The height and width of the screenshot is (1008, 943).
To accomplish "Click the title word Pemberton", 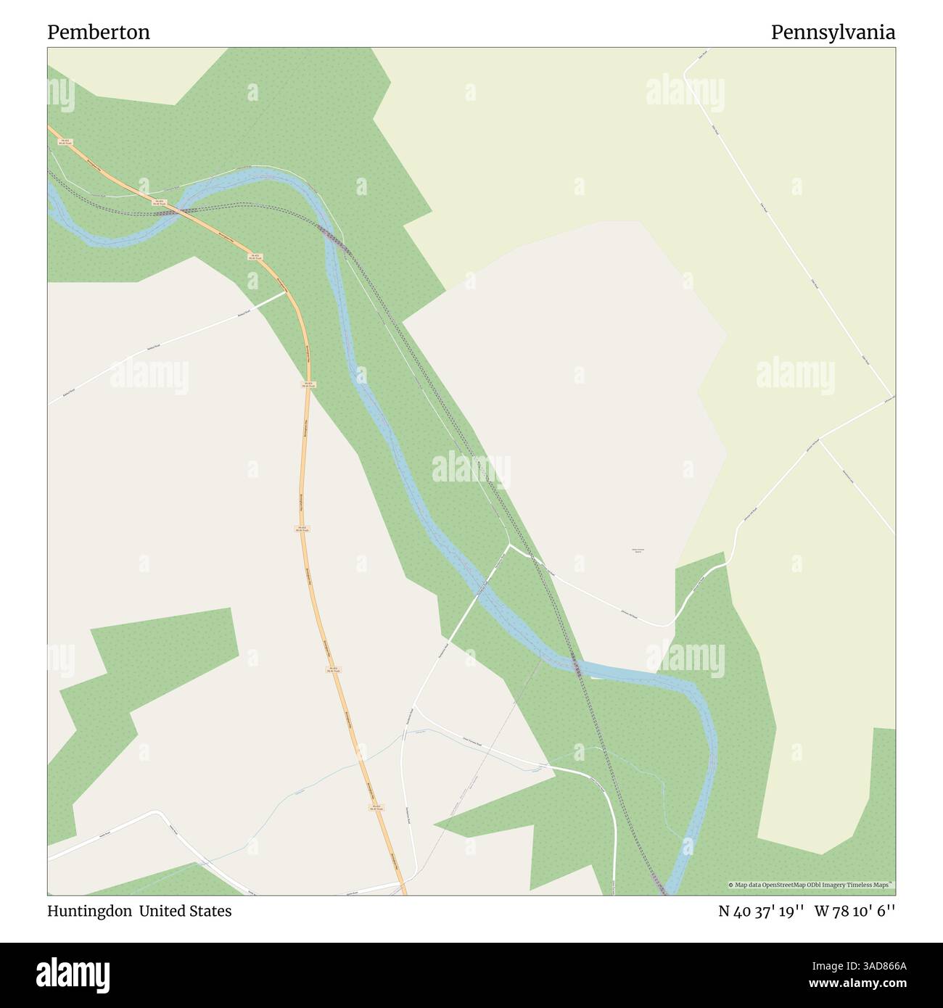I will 99,33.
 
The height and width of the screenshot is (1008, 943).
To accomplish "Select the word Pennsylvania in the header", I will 833,33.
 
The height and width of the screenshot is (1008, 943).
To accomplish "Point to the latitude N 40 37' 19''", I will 762,911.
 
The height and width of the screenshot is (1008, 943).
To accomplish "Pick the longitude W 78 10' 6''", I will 856,911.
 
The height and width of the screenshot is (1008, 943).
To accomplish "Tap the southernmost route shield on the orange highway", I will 376,807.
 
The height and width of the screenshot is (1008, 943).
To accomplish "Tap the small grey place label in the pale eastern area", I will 638,551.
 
